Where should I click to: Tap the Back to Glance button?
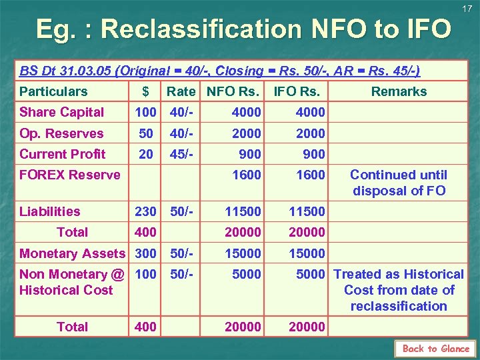tap(435, 349)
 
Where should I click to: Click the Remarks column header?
tap(399, 91)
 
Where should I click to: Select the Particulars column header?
tap(53, 91)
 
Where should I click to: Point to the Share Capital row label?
tap(62, 112)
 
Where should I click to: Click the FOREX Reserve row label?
tap(70, 175)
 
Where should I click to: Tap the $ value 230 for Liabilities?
tap(145, 211)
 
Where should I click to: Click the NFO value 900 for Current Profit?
tap(249, 154)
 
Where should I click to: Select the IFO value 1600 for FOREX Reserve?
tap(310, 175)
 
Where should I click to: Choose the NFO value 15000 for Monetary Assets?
tap(243, 253)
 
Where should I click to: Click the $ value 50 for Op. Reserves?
tap(146, 133)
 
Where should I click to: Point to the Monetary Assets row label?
tap(72, 253)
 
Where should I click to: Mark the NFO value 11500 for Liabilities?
tap(243, 211)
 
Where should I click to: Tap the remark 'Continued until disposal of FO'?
tap(399, 183)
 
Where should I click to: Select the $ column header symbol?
tap(145, 91)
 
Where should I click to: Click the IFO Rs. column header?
tap(297, 91)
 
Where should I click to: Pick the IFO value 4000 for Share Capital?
tap(310, 112)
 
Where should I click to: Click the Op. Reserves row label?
tap(61, 133)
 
